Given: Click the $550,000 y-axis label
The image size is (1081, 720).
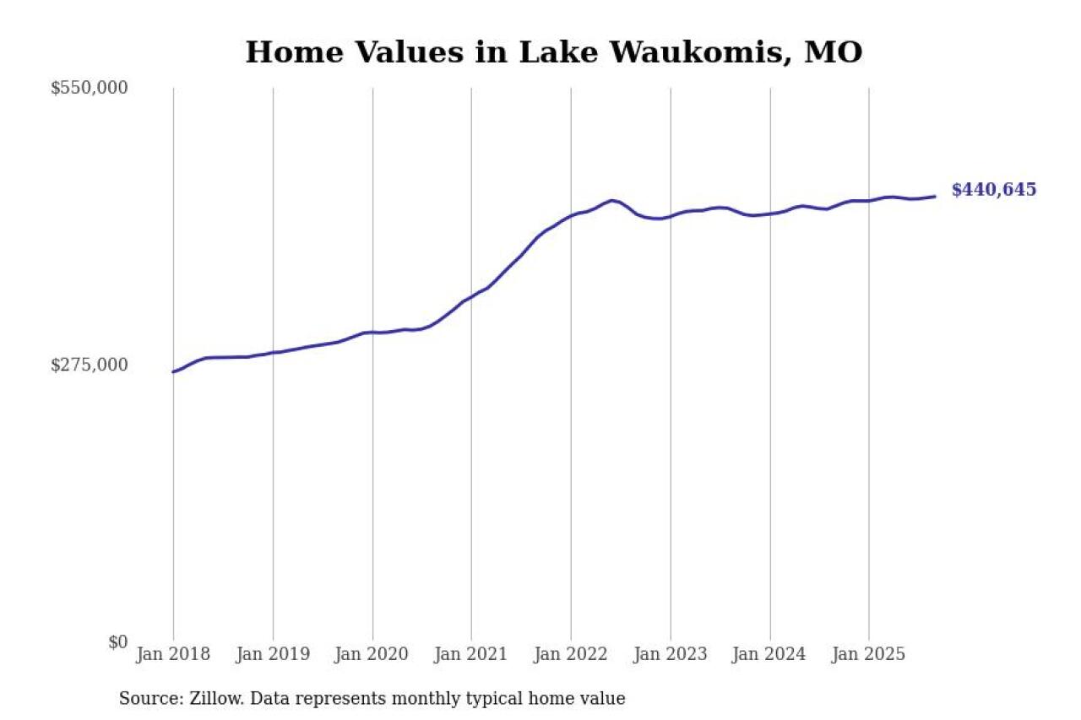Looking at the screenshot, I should click(89, 88).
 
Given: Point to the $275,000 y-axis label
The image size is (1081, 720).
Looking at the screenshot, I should click(89, 365).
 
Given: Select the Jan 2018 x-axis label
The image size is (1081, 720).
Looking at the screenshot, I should click(173, 654).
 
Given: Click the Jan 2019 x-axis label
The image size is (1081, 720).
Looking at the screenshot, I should click(273, 654).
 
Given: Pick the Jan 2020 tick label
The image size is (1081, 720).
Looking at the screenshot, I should click(372, 654).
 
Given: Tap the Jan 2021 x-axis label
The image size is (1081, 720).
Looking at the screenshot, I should click(471, 654).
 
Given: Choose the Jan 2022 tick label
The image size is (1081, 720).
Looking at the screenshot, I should click(571, 654).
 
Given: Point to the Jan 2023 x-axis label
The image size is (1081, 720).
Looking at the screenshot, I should click(671, 654).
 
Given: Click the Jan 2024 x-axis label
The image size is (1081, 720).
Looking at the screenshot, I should click(769, 654).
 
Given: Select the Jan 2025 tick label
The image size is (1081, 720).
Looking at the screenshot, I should click(869, 654).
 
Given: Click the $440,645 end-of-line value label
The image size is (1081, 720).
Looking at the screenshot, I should click(993, 190).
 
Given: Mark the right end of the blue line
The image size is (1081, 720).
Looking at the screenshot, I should click(935, 197).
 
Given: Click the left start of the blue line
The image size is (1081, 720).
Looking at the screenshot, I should click(173, 371).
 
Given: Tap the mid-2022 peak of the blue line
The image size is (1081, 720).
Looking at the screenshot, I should click(611, 200).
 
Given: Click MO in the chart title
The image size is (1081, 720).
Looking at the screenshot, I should click(834, 52).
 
